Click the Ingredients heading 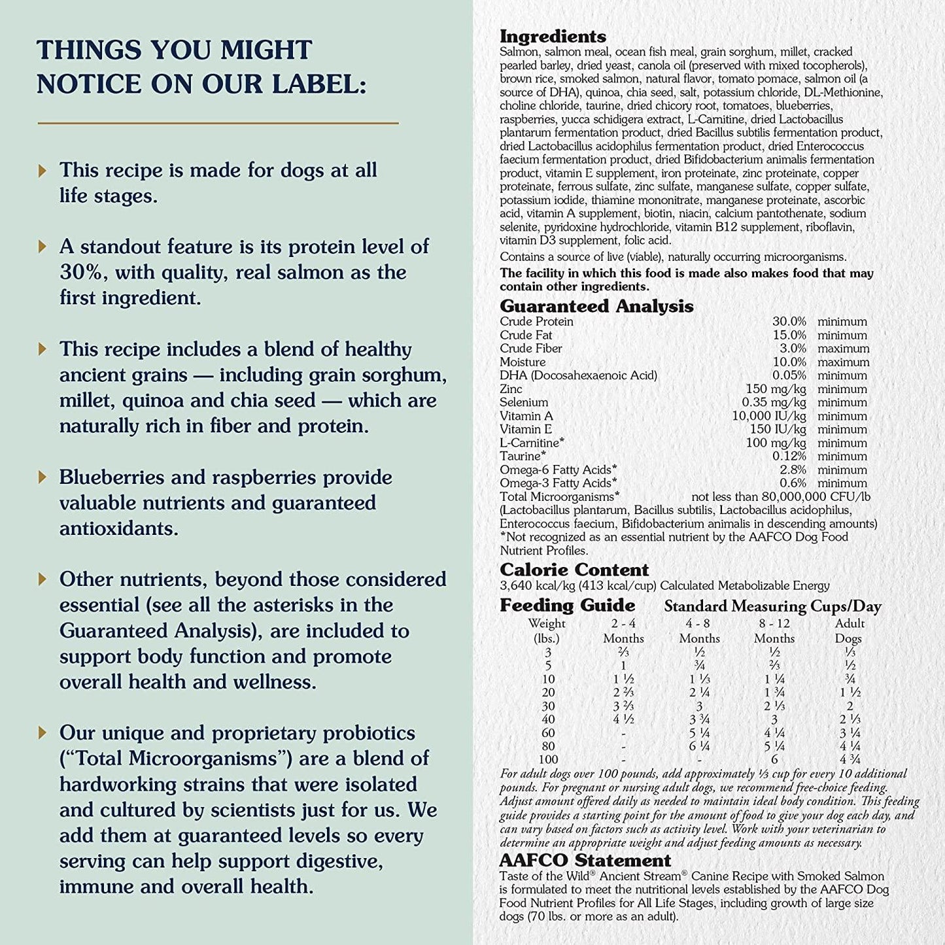(553, 37)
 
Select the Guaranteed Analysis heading (596, 306)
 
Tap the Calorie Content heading (574, 570)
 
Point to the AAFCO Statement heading (585, 861)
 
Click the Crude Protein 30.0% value (789, 322)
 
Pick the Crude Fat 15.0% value (789, 335)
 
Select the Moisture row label (523, 362)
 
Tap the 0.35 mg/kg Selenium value (774, 403)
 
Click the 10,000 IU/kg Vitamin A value (769, 416)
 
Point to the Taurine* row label (523, 456)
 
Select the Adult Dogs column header (850, 631)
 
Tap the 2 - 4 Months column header (623, 631)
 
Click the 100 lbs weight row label (548, 760)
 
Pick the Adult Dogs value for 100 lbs (850, 760)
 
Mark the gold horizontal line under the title (218, 122)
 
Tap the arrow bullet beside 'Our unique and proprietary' (43, 733)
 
